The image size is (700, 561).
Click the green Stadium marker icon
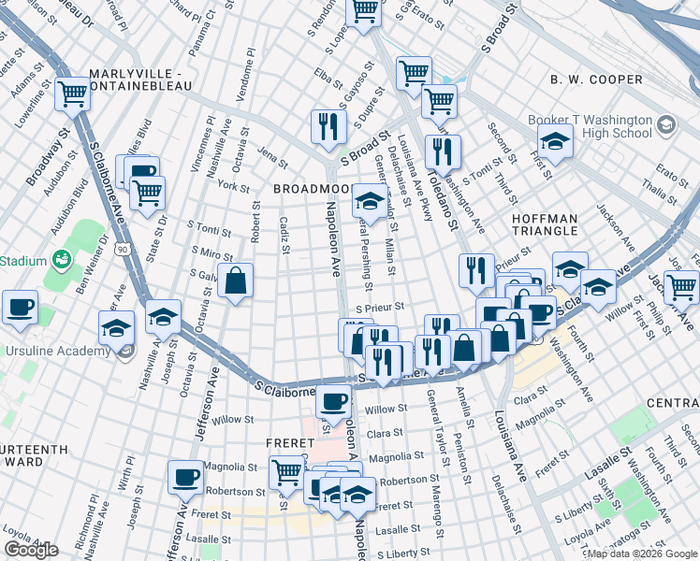[63, 257]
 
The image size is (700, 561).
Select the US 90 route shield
[122, 250]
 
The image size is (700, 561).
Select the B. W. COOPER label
[596, 79]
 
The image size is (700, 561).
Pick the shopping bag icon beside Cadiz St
[235, 280]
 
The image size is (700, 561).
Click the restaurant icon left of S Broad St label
[327, 126]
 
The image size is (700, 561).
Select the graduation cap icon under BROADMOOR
[370, 200]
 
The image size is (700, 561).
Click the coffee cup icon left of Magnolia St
[185, 477]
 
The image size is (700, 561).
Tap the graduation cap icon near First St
[556, 142]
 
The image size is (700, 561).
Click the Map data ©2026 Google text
[641, 553]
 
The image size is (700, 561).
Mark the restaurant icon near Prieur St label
[476, 270]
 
